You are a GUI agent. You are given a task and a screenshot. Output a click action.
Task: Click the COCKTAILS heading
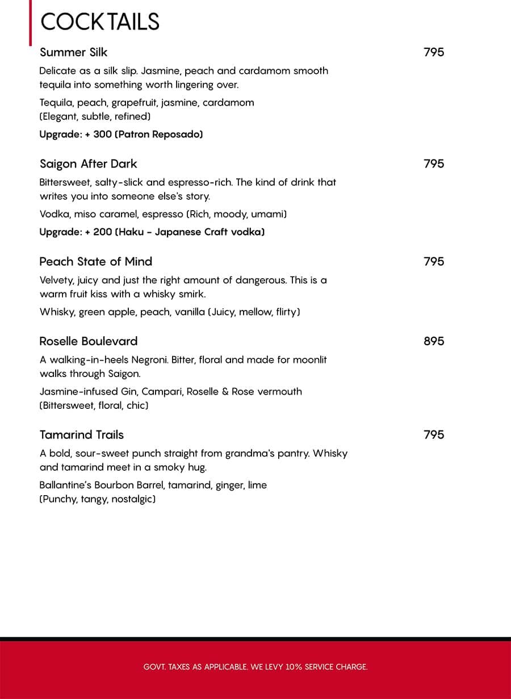pos(100,22)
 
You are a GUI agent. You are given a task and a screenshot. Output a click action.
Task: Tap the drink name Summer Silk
pos(74,52)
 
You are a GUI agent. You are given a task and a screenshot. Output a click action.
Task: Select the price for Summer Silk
pos(434,52)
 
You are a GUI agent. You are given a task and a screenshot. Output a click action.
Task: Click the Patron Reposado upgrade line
pos(121,135)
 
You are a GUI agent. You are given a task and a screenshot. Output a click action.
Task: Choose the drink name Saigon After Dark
pos(89,164)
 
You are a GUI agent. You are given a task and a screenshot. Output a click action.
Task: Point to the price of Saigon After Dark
pos(434,164)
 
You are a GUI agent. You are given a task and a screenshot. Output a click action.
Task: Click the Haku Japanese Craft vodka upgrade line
pos(152,232)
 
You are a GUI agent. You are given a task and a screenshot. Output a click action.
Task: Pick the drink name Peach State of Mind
pos(96,261)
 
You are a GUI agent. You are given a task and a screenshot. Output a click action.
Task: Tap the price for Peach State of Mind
pos(434,261)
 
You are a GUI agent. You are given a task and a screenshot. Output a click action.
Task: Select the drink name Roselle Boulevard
pos(89,341)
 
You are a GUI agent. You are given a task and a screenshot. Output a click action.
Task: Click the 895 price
pos(434,341)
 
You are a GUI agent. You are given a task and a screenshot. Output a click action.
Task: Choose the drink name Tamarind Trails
pos(82,435)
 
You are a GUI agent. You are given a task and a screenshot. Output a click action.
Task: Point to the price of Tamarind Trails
pos(434,435)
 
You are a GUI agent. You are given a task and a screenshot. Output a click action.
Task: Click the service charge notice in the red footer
pos(256,667)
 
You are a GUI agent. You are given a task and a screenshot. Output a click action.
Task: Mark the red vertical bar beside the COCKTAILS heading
pos(31,23)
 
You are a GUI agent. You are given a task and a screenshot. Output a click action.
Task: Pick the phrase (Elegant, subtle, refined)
pos(95,116)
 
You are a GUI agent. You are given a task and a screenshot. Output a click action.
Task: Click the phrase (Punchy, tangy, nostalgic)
pos(98,499)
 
